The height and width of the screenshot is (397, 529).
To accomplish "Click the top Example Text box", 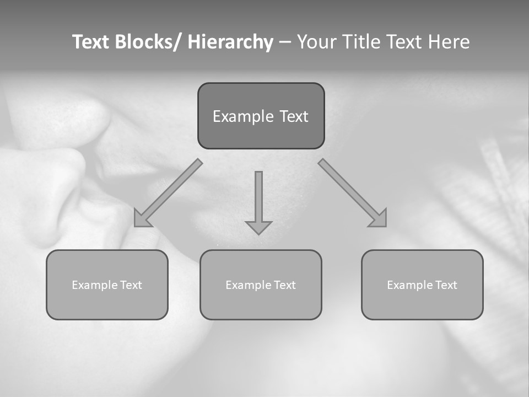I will pyautogui.click(x=261, y=116).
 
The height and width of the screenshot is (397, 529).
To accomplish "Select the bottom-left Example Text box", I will pyautogui.click(x=107, y=285).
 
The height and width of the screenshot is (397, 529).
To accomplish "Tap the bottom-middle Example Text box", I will pyautogui.click(x=261, y=285).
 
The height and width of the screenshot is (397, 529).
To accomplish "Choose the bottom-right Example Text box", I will pyautogui.click(x=422, y=285).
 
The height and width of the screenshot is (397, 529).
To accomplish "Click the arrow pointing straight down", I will pyautogui.click(x=258, y=202).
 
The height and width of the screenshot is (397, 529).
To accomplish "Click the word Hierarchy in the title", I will pyautogui.click(x=230, y=42).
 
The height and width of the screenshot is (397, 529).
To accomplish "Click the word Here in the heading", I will pyautogui.click(x=449, y=42).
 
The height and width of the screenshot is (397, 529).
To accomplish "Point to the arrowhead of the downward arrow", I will pyautogui.click(x=258, y=227).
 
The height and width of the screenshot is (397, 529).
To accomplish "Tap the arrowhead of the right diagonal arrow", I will pyautogui.click(x=379, y=219).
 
